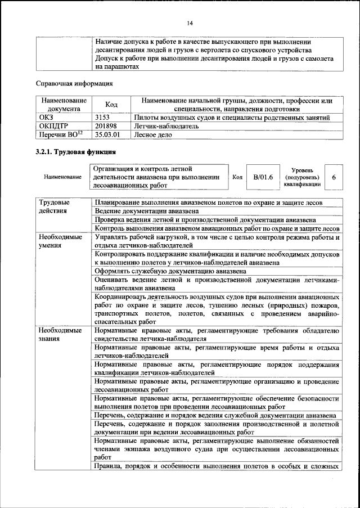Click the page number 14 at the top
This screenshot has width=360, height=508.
pos(190,23)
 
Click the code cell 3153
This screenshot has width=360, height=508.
pos(104,117)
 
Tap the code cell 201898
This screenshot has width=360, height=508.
pos(107,126)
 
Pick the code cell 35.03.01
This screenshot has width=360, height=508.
pos(108,135)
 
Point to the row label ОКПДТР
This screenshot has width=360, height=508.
pos(52,126)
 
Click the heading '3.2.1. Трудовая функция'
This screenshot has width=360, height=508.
pos(75,152)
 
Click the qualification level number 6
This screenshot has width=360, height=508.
pos(334,177)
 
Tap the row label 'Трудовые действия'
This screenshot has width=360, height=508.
pos(55,206)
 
